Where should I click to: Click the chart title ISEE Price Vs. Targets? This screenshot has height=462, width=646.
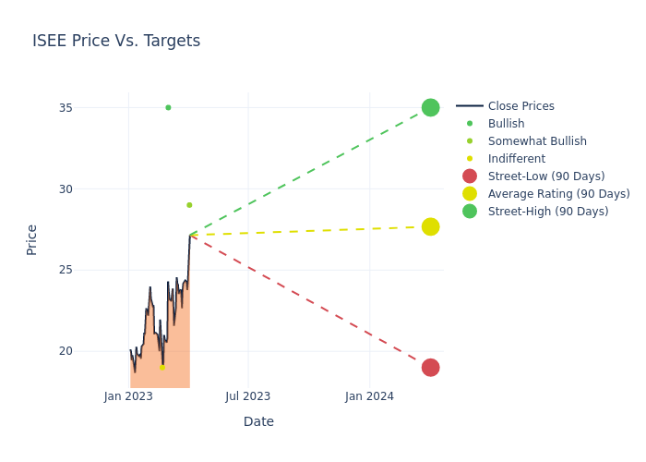coord(116,41)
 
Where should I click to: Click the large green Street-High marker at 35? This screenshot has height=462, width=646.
coord(430,107)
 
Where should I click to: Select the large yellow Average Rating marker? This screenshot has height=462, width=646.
coord(430,226)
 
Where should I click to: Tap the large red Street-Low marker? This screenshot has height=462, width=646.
coord(430,367)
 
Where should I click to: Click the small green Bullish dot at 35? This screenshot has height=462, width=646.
coord(168,107)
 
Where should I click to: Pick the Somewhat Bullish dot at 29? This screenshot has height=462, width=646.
coord(189,205)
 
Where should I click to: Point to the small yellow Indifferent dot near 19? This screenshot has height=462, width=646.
coord(162,367)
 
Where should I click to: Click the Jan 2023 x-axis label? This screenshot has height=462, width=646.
coord(128,396)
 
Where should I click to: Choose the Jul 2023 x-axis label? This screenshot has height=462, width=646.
coord(248,396)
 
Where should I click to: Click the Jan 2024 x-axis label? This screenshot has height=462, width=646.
coord(369,396)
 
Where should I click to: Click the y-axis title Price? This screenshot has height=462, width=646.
coord(32,239)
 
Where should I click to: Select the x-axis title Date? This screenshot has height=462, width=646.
coord(258,421)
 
